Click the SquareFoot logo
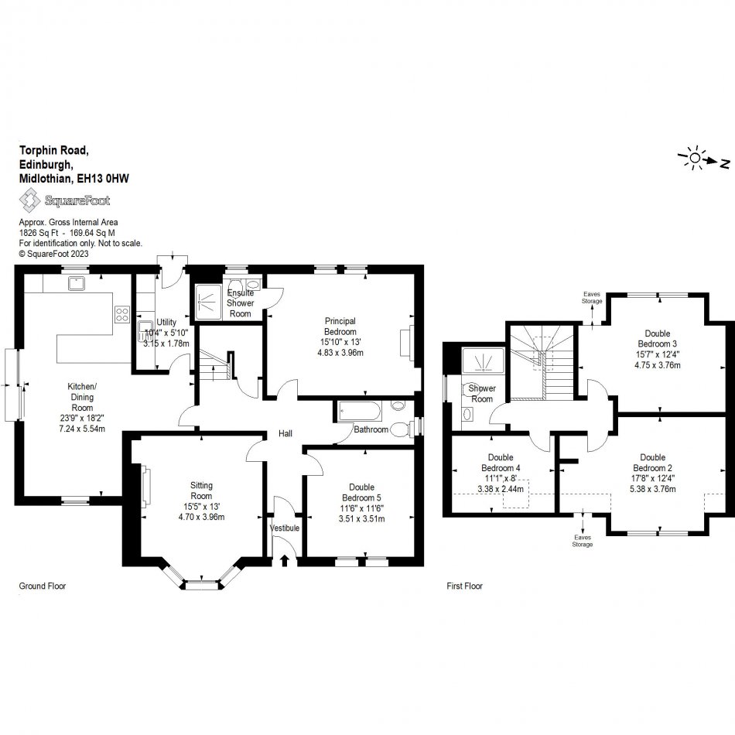coord(64,201)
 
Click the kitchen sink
coord(77,284)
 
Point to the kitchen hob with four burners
coord(122,314)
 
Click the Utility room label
coord(166,322)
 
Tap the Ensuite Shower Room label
coord(240,303)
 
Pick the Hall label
coord(285,434)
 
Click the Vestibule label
coord(284,528)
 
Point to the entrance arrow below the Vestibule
coord(284,560)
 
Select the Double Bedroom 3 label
coord(658,338)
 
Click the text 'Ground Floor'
coord(43,586)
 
